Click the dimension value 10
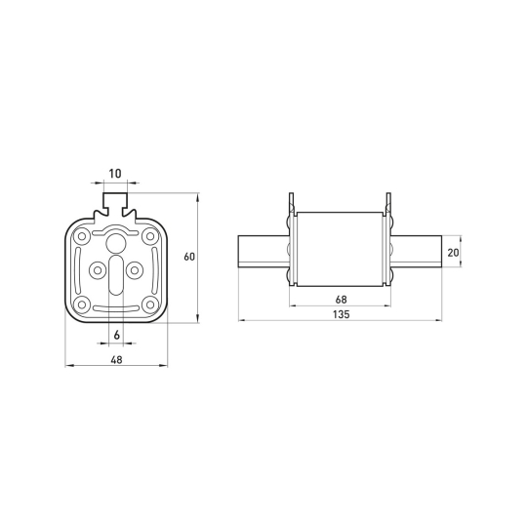[x=115, y=174]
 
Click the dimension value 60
[x=189, y=257]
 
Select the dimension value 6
[x=117, y=335]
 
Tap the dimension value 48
[x=116, y=360]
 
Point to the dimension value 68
[x=341, y=300]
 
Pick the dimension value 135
[x=341, y=314]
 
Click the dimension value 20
[x=453, y=253]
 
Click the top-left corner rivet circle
[x=82, y=236]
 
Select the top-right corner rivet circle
[x=150, y=236]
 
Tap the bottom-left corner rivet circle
[x=82, y=304]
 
